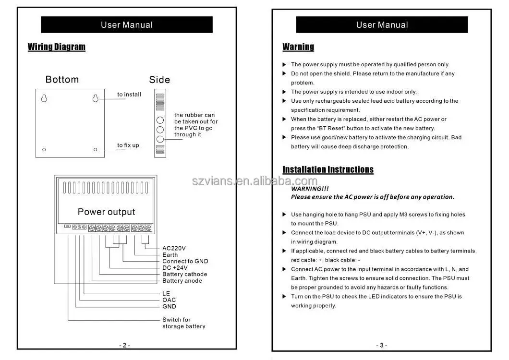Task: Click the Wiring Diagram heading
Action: [x=56, y=47]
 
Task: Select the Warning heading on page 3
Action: [x=298, y=47]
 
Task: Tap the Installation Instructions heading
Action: [x=328, y=169]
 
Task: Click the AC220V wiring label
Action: [x=174, y=248]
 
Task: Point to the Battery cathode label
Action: [x=185, y=274]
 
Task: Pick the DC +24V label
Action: [x=175, y=268]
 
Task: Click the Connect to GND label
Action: [x=185, y=261]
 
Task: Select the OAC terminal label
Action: [x=169, y=300]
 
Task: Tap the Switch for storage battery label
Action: [x=183, y=323]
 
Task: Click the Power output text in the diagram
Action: [x=106, y=212]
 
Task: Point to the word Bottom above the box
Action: [x=62, y=80]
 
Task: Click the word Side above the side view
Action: [x=159, y=80]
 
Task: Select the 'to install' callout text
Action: [x=129, y=95]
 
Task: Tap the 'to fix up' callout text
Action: [x=128, y=145]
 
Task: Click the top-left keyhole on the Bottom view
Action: [x=44, y=98]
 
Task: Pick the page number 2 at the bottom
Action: [x=124, y=345]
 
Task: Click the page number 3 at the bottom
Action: [x=382, y=345]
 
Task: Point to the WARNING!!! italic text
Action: [x=310, y=189]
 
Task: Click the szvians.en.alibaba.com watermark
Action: [x=254, y=181]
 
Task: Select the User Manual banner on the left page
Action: [x=127, y=25]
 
